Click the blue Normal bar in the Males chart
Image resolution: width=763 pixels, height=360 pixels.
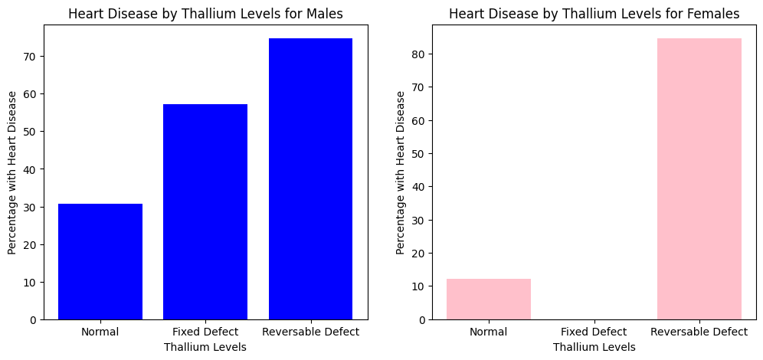pyautogui.click(x=100, y=261)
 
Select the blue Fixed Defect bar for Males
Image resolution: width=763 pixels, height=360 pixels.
pyautogui.click(x=205, y=211)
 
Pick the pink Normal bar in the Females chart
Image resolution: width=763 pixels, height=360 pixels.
pyautogui.click(x=488, y=299)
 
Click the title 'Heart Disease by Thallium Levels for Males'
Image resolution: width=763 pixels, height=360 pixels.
pyautogui.click(x=205, y=13)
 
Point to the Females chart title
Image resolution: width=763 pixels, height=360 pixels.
pyautogui.click(x=594, y=13)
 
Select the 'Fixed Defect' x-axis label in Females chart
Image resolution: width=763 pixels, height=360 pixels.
pyautogui.click(x=594, y=332)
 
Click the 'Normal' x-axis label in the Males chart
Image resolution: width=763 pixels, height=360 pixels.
pyautogui.click(x=100, y=332)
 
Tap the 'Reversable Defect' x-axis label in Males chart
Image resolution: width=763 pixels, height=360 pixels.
pyautogui.click(x=310, y=332)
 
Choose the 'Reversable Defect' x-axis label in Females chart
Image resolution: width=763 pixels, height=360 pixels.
pyautogui.click(x=699, y=332)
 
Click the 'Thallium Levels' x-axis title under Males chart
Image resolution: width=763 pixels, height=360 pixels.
pyautogui.click(x=205, y=347)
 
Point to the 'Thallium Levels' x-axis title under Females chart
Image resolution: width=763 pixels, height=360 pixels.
pyautogui.click(x=594, y=347)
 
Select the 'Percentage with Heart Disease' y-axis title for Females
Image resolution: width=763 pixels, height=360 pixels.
pyautogui.click(x=401, y=172)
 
